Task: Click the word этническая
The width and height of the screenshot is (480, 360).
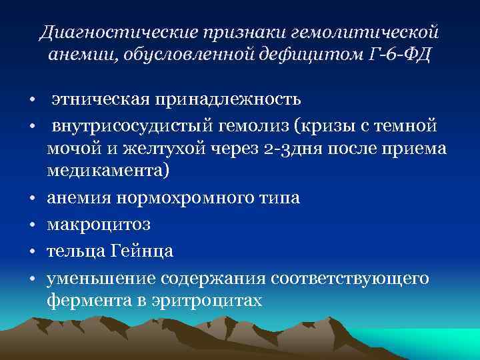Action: [99, 99]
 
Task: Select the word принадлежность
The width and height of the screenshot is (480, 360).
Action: [228, 99]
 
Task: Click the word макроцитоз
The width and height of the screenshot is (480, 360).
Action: [99, 225]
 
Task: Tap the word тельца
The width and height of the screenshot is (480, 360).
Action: [73, 251]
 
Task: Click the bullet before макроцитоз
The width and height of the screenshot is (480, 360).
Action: [31, 225]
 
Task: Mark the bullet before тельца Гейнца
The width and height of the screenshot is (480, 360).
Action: [31, 252]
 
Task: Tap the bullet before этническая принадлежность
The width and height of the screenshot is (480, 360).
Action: [31, 101]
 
